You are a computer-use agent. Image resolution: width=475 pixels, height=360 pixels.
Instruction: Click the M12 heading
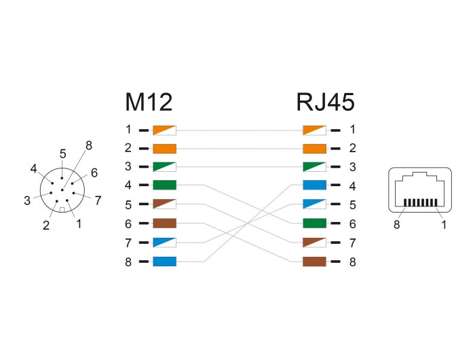[149, 102]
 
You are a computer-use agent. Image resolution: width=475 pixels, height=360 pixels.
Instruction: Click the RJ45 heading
[325, 102]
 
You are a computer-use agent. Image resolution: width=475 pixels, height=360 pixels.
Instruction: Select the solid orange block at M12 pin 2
[165, 149]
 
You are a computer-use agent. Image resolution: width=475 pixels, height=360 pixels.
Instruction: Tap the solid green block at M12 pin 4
[165, 185]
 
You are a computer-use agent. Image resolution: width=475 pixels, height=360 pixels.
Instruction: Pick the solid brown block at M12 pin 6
[165, 223]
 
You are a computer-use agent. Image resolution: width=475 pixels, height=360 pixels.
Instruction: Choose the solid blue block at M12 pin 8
[165, 262]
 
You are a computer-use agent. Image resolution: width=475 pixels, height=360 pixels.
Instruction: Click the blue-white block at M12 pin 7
[165, 242]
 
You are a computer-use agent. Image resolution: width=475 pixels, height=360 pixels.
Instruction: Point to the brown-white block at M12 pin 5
[165, 204]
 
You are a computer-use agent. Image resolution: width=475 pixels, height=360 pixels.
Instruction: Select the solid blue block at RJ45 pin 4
[314, 185]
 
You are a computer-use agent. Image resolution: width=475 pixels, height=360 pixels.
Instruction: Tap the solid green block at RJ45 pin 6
[314, 223]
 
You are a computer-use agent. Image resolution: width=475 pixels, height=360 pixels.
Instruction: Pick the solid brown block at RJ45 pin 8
[314, 262]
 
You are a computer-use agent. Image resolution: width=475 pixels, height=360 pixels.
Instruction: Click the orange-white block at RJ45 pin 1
[314, 129]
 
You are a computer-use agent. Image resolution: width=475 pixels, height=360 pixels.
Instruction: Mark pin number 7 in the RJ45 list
[352, 242]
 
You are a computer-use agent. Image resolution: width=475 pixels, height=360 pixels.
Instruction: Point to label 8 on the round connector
[88, 145]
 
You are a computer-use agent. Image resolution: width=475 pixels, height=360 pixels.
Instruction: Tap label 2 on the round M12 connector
[46, 226]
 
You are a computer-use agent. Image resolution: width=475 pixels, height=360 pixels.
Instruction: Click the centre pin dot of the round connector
[62, 190]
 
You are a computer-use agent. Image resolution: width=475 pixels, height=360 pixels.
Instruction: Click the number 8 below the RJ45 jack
[397, 224]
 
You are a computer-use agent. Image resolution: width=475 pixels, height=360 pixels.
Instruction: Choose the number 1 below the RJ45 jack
[444, 224]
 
